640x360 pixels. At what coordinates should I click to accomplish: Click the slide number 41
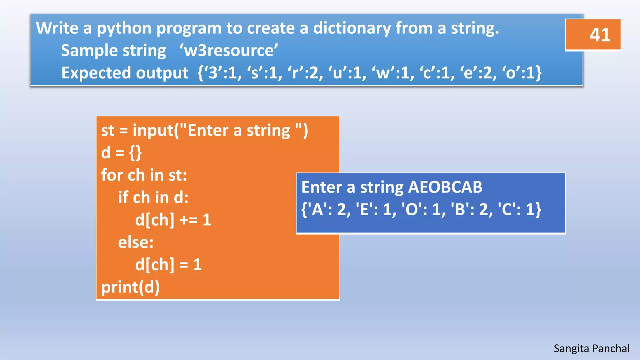pyautogui.click(x=599, y=35)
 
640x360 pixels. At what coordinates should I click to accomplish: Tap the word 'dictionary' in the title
pyautogui.click(x=352, y=28)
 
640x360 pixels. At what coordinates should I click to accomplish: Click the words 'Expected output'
pyautogui.click(x=125, y=73)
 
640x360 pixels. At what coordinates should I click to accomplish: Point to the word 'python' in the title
pyautogui.click(x=124, y=29)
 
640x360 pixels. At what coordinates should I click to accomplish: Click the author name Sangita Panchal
pyautogui.click(x=591, y=348)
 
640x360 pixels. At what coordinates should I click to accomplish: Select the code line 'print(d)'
pyautogui.click(x=130, y=287)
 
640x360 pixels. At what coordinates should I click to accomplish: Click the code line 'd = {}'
pyautogui.click(x=121, y=152)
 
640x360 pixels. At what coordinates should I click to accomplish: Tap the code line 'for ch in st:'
pyautogui.click(x=144, y=175)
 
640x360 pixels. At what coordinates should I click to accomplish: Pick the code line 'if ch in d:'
pyautogui.click(x=153, y=197)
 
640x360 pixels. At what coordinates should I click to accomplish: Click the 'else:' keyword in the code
pyautogui.click(x=136, y=242)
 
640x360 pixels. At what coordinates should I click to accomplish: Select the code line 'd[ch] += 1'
pyautogui.click(x=173, y=220)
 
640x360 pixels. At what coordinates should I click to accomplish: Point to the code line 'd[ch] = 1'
pyautogui.click(x=168, y=265)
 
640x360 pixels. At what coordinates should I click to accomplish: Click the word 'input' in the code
pyautogui.click(x=153, y=130)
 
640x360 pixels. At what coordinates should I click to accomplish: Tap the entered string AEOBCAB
pyautogui.click(x=445, y=187)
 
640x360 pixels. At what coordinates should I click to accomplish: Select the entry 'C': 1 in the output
pyautogui.click(x=517, y=209)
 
